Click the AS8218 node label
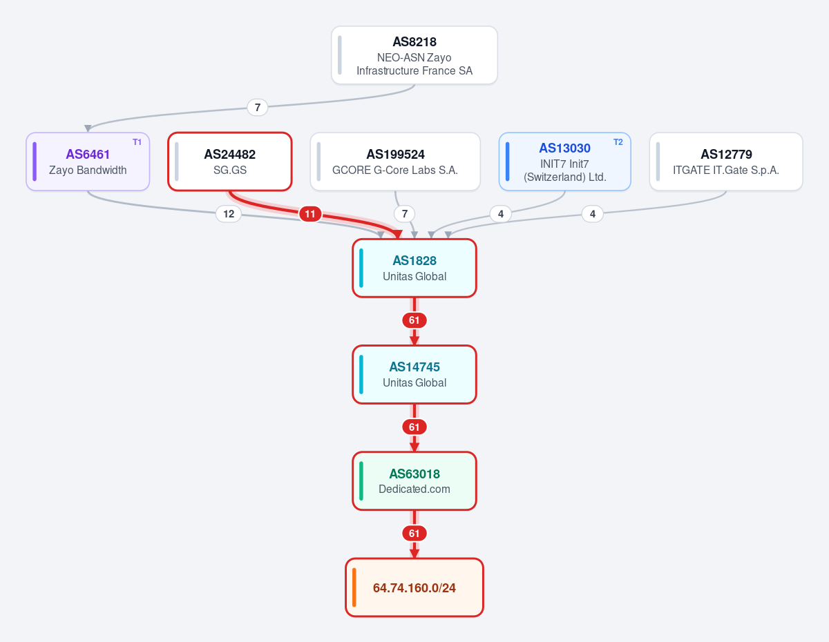coord(414,41)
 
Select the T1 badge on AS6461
coord(137,142)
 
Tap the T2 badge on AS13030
coord(618,142)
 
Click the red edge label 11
coord(310,214)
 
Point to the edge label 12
coord(229,214)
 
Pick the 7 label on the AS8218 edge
coord(258,108)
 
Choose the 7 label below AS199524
coord(405,214)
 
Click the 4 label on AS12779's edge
coord(593,214)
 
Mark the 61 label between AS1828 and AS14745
coord(414,320)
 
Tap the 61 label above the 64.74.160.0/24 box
coord(414,534)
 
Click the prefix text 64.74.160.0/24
coord(414,588)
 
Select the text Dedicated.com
coord(414,489)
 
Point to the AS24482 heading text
coord(229,155)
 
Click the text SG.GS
coord(229,170)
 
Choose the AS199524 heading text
coord(395,155)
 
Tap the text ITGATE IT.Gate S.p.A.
coord(726,170)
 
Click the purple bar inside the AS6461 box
coord(35,162)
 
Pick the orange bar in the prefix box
coord(354,587)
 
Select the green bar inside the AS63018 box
coord(361,480)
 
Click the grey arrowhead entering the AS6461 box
coord(88,128)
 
